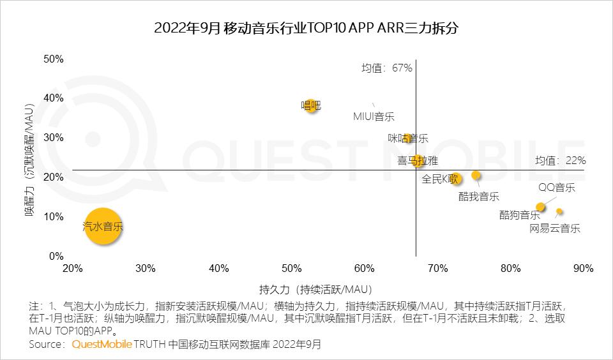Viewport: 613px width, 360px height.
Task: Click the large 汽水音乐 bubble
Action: [x=103, y=227]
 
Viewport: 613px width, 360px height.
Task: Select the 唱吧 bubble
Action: [x=311, y=105]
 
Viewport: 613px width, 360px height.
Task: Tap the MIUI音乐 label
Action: [x=374, y=117]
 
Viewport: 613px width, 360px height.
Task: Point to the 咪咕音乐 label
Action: [x=408, y=139]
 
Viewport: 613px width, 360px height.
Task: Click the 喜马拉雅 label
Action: [x=418, y=161]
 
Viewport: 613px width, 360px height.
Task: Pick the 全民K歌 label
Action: [x=441, y=179]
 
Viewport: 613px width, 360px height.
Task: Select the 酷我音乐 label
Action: [x=479, y=197]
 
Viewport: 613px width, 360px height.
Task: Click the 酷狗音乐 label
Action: [x=519, y=214]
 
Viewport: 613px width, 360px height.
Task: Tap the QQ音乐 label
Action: [x=556, y=188]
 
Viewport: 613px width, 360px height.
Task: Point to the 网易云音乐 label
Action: [x=555, y=229]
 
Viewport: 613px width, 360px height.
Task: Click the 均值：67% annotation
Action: [x=387, y=68]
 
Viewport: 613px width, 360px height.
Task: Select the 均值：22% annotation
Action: [x=560, y=161]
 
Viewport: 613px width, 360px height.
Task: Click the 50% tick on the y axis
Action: [x=54, y=59]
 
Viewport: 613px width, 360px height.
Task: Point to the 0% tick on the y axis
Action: [x=56, y=257]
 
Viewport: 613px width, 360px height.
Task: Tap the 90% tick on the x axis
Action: [x=583, y=269]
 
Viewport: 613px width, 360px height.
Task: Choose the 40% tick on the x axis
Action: [x=219, y=269]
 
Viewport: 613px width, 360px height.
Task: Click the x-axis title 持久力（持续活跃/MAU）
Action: [x=316, y=288]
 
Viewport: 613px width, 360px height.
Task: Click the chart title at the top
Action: [x=306, y=29]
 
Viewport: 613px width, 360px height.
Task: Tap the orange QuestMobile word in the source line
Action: [x=102, y=345]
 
